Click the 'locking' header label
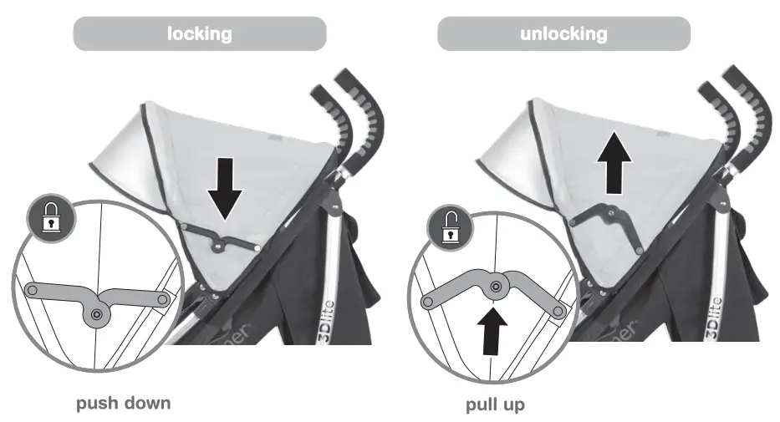[199, 34]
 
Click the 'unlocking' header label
[564, 34]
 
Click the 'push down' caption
[124, 404]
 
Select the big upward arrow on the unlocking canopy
[614, 162]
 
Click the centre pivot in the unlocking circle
[496, 287]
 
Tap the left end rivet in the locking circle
[33, 291]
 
